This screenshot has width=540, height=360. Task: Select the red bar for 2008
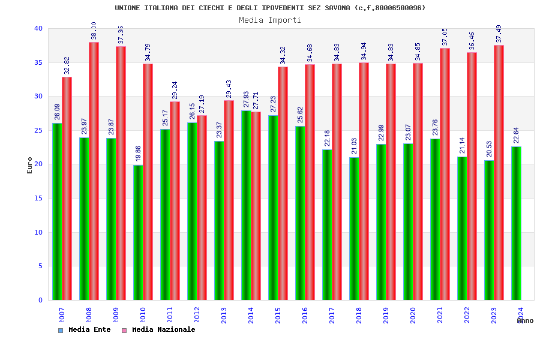[x=94, y=171]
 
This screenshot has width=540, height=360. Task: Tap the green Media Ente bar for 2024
[x=516, y=223]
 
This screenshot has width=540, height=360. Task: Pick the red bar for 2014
[x=256, y=206]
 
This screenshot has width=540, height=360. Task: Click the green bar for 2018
[x=354, y=229]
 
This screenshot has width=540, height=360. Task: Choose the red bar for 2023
[x=499, y=172]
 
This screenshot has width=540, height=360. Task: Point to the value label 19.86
[x=139, y=153]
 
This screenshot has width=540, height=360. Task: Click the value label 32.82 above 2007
[x=67, y=65]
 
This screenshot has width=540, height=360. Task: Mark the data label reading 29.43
[x=229, y=89]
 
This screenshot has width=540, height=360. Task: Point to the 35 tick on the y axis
[x=38, y=62]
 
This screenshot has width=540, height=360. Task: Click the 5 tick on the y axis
[x=40, y=266]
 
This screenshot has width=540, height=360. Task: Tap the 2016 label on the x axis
[x=305, y=315]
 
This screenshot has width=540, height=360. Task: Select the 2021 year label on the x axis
[x=440, y=315]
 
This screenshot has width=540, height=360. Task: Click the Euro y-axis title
[x=30, y=165]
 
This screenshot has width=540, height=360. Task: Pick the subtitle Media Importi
[x=270, y=20]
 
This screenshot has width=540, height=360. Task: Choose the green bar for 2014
[x=246, y=205]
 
